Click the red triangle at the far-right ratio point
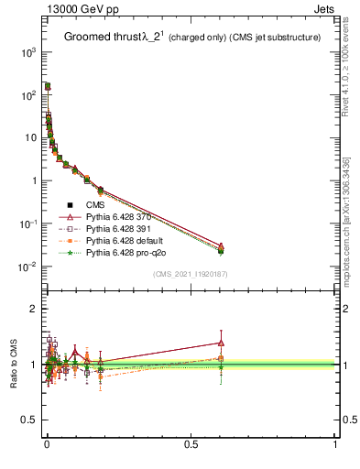point(221,343)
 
